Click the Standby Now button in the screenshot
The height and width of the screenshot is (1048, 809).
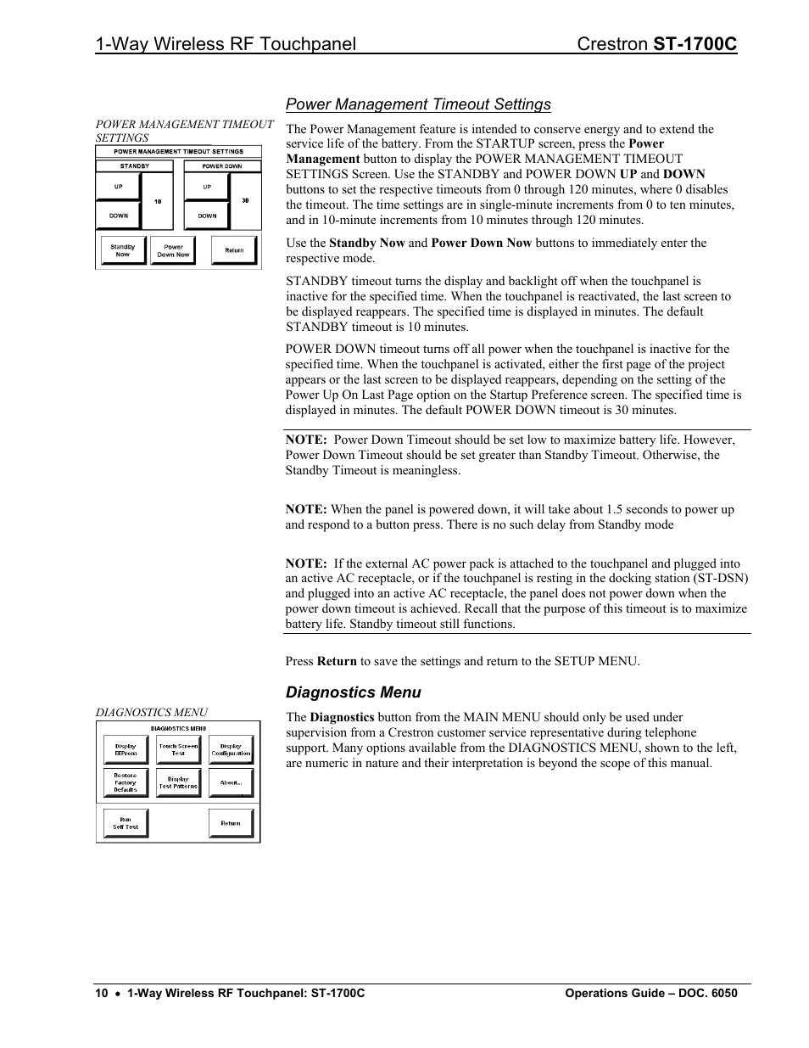click(x=122, y=250)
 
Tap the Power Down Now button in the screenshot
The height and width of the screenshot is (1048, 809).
click(x=173, y=250)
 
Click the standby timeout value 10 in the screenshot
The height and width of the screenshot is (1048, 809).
click(x=158, y=201)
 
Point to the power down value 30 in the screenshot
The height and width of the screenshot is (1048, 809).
click(x=245, y=201)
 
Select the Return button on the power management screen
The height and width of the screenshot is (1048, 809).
click(x=234, y=250)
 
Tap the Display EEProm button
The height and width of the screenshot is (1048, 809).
click(x=126, y=750)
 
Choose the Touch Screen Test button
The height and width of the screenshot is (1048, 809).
click(x=178, y=750)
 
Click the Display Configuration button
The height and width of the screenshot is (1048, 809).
click(x=231, y=750)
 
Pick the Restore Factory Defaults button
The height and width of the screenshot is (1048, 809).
click(x=126, y=782)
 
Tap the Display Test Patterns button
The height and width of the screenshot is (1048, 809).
click(x=178, y=782)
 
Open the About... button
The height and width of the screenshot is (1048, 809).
click(x=231, y=782)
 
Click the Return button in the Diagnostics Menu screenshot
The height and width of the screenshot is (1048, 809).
click(x=231, y=823)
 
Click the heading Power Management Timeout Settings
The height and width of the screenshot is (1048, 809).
click(x=418, y=104)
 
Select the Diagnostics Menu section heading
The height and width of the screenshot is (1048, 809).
click(x=353, y=692)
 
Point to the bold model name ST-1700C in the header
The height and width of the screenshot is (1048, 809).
click(x=695, y=45)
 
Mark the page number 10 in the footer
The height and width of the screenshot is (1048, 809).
click(x=102, y=993)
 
